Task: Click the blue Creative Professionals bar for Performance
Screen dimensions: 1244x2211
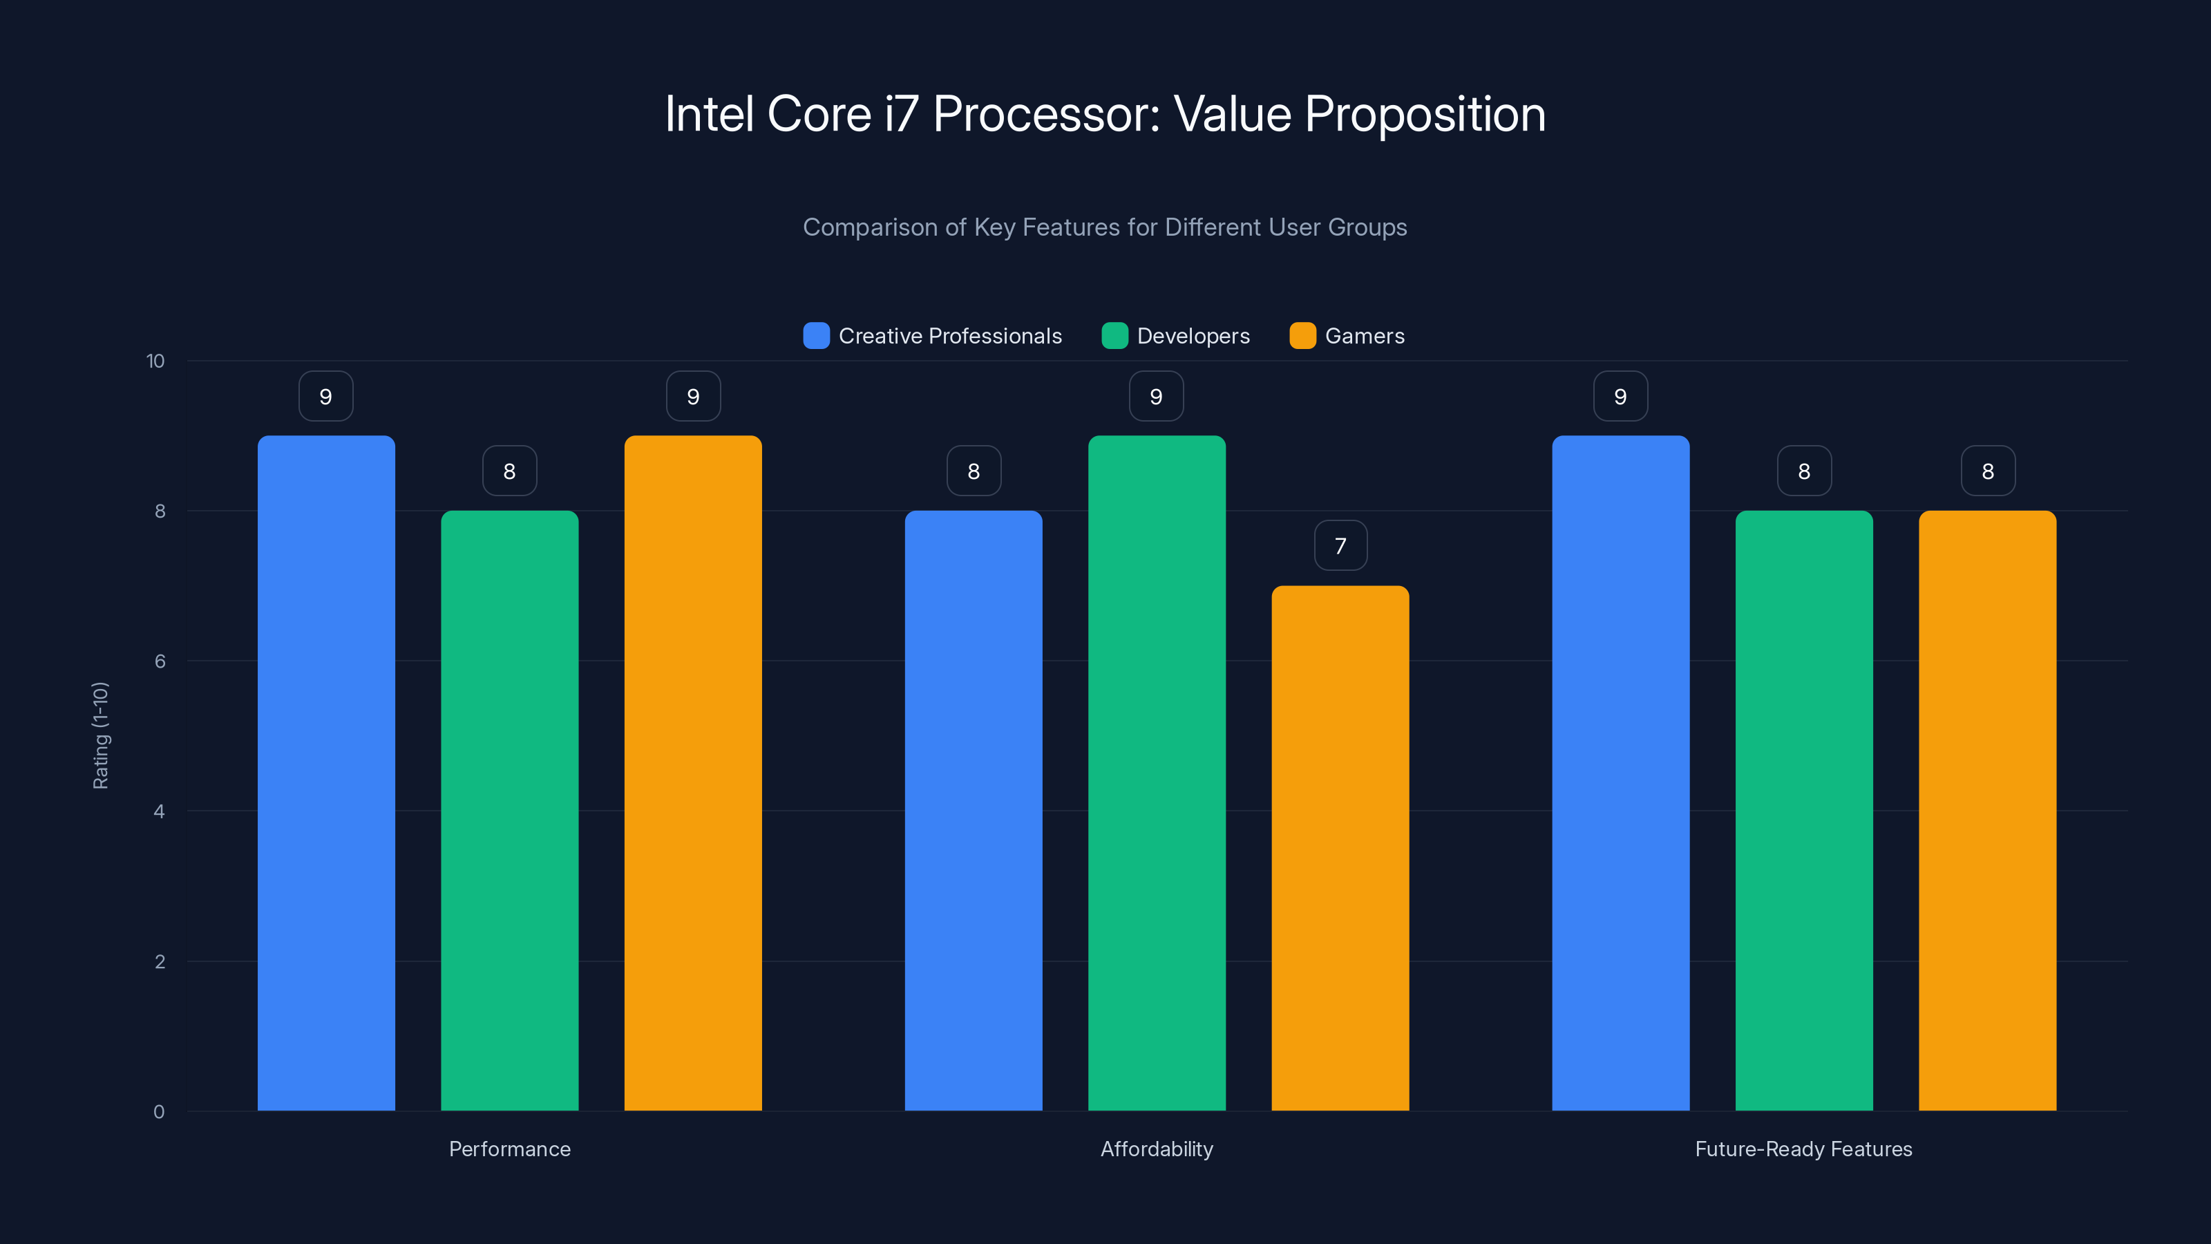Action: pyautogui.click(x=326, y=773)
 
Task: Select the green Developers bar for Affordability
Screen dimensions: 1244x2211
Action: pyautogui.click(x=1156, y=773)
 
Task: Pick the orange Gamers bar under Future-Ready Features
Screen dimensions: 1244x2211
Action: pyautogui.click(x=1987, y=811)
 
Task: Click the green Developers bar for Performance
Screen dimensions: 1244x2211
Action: pyautogui.click(x=509, y=811)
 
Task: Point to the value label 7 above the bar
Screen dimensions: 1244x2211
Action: pyautogui.click(x=1340, y=546)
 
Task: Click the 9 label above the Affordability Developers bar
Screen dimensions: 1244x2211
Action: pyautogui.click(x=1156, y=397)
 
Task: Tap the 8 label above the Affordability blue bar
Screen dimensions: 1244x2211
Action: pyautogui.click(x=974, y=471)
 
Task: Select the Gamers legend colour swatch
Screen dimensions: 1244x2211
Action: pyautogui.click(x=1302, y=336)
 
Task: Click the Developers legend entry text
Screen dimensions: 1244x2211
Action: pyautogui.click(x=1193, y=336)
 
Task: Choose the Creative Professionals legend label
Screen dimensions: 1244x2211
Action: pyautogui.click(x=949, y=336)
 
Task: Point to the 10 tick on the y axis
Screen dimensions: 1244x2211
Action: pyautogui.click(x=155, y=361)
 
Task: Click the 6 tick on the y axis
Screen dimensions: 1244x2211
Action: pyautogui.click(x=160, y=661)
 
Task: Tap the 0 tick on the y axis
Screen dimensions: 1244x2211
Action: pyautogui.click(x=159, y=1112)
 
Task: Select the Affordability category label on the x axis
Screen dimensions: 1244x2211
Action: pyautogui.click(x=1156, y=1149)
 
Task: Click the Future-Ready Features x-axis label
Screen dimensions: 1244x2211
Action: pyautogui.click(x=1803, y=1149)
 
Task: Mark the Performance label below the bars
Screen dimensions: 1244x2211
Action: pyautogui.click(x=509, y=1149)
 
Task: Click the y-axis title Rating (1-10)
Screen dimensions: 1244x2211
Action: pyautogui.click(x=100, y=736)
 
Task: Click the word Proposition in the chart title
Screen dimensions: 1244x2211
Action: pyautogui.click(x=1425, y=114)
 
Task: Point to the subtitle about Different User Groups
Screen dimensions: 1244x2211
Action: pyautogui.click(x=1105, y=227)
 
